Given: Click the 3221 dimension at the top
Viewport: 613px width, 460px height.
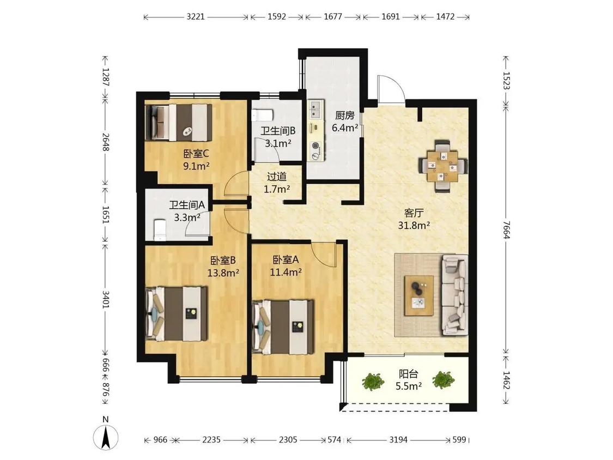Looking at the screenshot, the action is pyautogui.click(x=196, y=17).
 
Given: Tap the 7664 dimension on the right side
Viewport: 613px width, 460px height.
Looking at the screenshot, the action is pyautogui.click(x=507, y=229).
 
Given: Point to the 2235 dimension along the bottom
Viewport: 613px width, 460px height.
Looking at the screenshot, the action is pyautogui.click(x=211, y=440).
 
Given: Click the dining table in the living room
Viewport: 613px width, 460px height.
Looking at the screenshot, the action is pyautogui.click(x=442, y=166).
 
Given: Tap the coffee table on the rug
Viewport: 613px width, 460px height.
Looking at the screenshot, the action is pyautogui.click(x=418, y=295).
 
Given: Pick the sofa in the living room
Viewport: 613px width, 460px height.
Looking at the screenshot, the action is pyautogui.click(x=454, y=295).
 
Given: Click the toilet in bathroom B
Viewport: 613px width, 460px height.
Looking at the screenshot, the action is pyautogui.click(x=262, y=115).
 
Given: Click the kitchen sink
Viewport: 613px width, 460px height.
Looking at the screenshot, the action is pyautogui.click(x=316, y=109).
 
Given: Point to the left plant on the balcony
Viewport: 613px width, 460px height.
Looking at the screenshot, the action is pyautogui.click(x=372, y=382).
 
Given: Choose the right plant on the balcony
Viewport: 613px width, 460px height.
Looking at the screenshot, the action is pyautogui.click(x=443, y=379).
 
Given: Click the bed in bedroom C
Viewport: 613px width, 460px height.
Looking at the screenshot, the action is pyautogui.click(x=179, y=122).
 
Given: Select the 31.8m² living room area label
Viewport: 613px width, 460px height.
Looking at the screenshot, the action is pyautogui.click(x=414, y=225).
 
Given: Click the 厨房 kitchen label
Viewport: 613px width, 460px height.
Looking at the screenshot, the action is pyautogui.click(x=345, y=116).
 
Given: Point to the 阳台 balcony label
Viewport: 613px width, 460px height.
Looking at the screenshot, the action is pyautogui.click(x=408, y=373).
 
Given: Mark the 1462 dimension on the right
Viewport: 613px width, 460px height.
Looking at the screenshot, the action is pyautogui.click(x=507, y=380).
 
